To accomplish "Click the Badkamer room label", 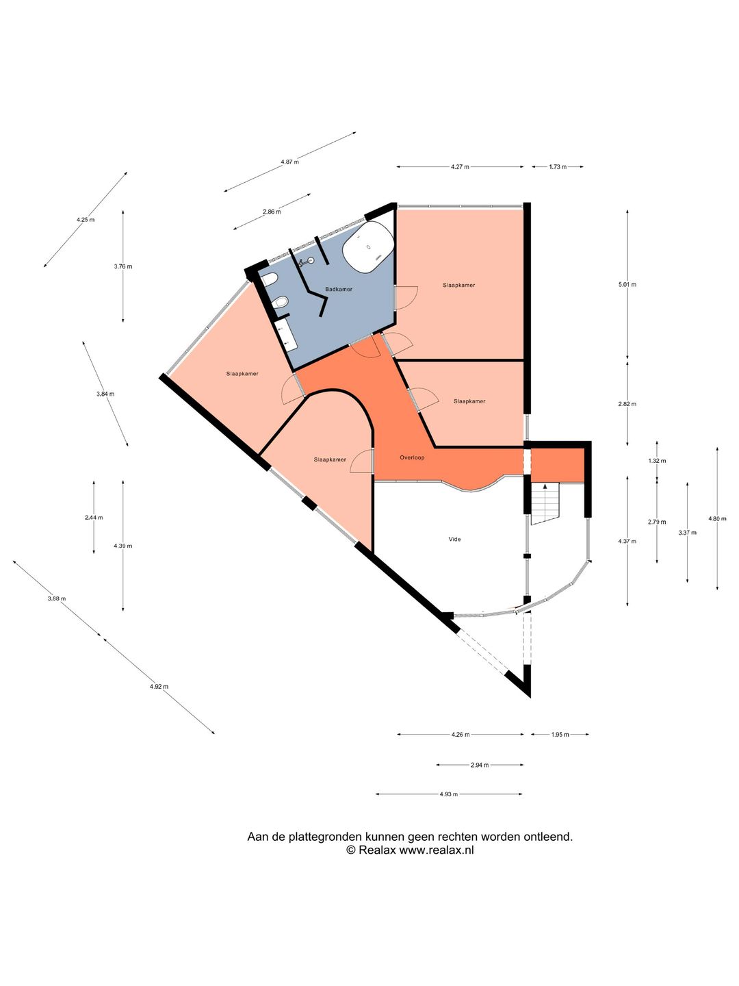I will pos(339,290).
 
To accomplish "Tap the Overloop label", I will pos(412,457).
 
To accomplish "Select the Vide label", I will pos(454,540).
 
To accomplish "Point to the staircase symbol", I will pos(545,503).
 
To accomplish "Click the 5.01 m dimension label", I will pos(627,285).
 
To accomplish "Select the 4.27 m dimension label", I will pos(460,167).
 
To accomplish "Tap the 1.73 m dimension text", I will pos(558,167).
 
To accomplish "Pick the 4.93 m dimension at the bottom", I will pos(449,794).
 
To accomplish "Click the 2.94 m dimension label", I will pos(480,765).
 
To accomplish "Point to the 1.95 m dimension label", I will pos(560,735).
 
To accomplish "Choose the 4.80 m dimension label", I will pos(717,519).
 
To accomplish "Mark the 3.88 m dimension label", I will pos(57,599).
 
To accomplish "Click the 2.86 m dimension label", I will pos(272,212).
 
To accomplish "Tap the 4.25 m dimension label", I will pos(86,220).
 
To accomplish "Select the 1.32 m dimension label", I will pos(657,461).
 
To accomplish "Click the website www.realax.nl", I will pos(437,850).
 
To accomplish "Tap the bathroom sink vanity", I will pos(287,336).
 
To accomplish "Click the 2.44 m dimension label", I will pos(94,518).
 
